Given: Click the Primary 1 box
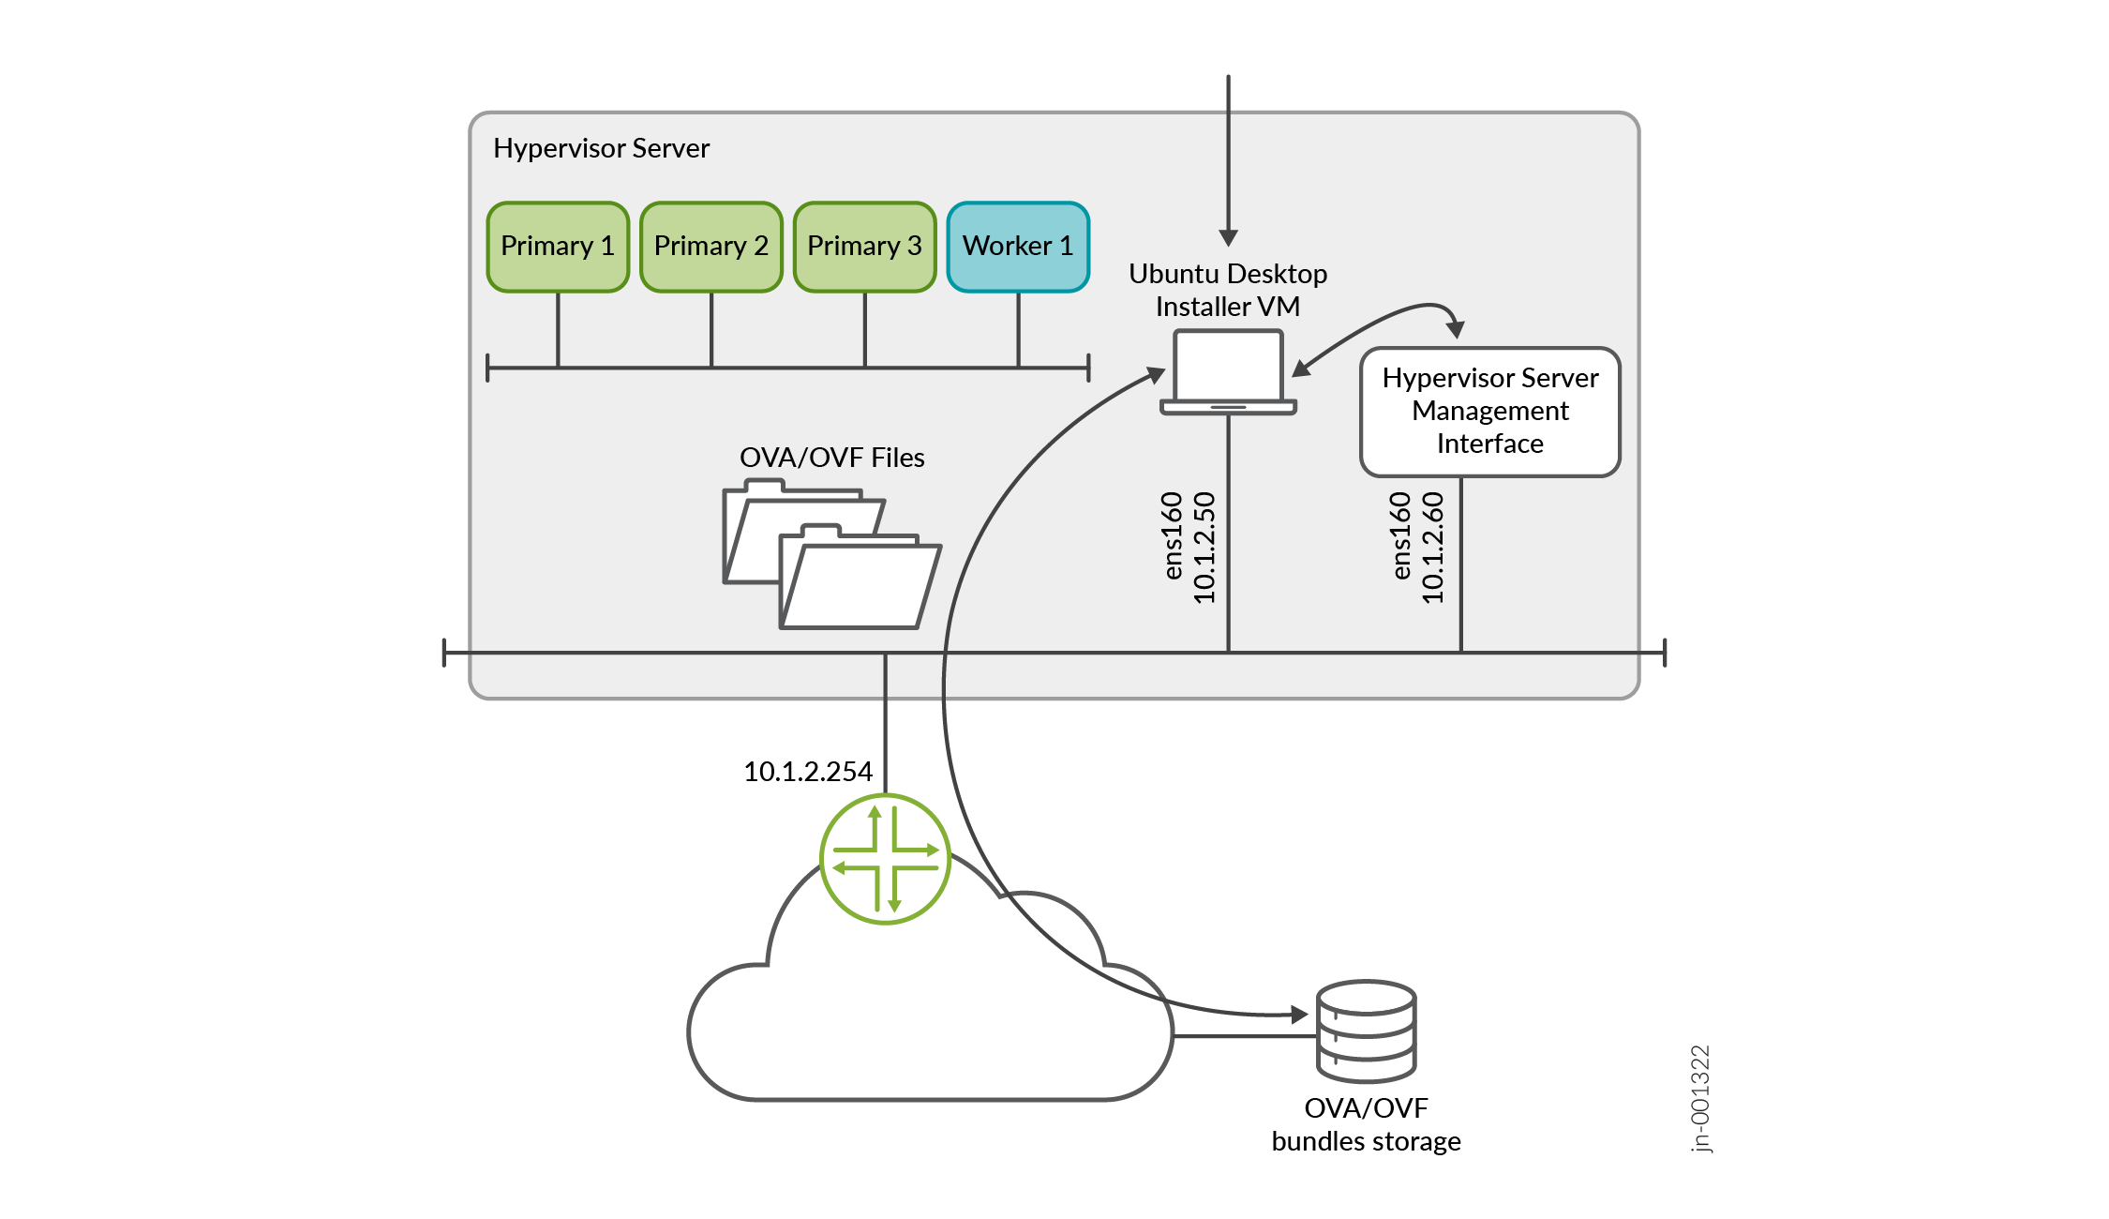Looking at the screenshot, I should (558, 247).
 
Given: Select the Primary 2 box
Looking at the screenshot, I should (710, 247).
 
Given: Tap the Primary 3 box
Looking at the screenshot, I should (864, 247).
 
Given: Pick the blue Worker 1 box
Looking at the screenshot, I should (1018, 247).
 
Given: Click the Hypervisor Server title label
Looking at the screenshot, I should (601, 148).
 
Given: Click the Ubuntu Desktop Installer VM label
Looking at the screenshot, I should (1228, 290).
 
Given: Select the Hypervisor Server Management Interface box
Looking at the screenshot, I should (1489, 412).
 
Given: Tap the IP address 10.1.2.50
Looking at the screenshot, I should (1204, 548).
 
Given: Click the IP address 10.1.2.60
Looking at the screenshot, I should (1433, 548).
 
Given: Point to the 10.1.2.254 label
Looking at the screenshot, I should (807, 772).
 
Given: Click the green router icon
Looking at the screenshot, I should (885, 859).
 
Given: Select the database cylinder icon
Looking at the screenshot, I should (1366, 1031).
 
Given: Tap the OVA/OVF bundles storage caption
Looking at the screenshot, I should (1366, 1124).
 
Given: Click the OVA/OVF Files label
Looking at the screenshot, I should (831, 458).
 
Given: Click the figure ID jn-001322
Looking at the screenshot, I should (1700, 1098).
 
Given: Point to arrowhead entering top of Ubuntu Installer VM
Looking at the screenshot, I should (1228, 237).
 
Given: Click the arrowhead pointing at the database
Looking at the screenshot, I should (1299, 1014).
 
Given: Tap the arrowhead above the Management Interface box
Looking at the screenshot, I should (1455, 328).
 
